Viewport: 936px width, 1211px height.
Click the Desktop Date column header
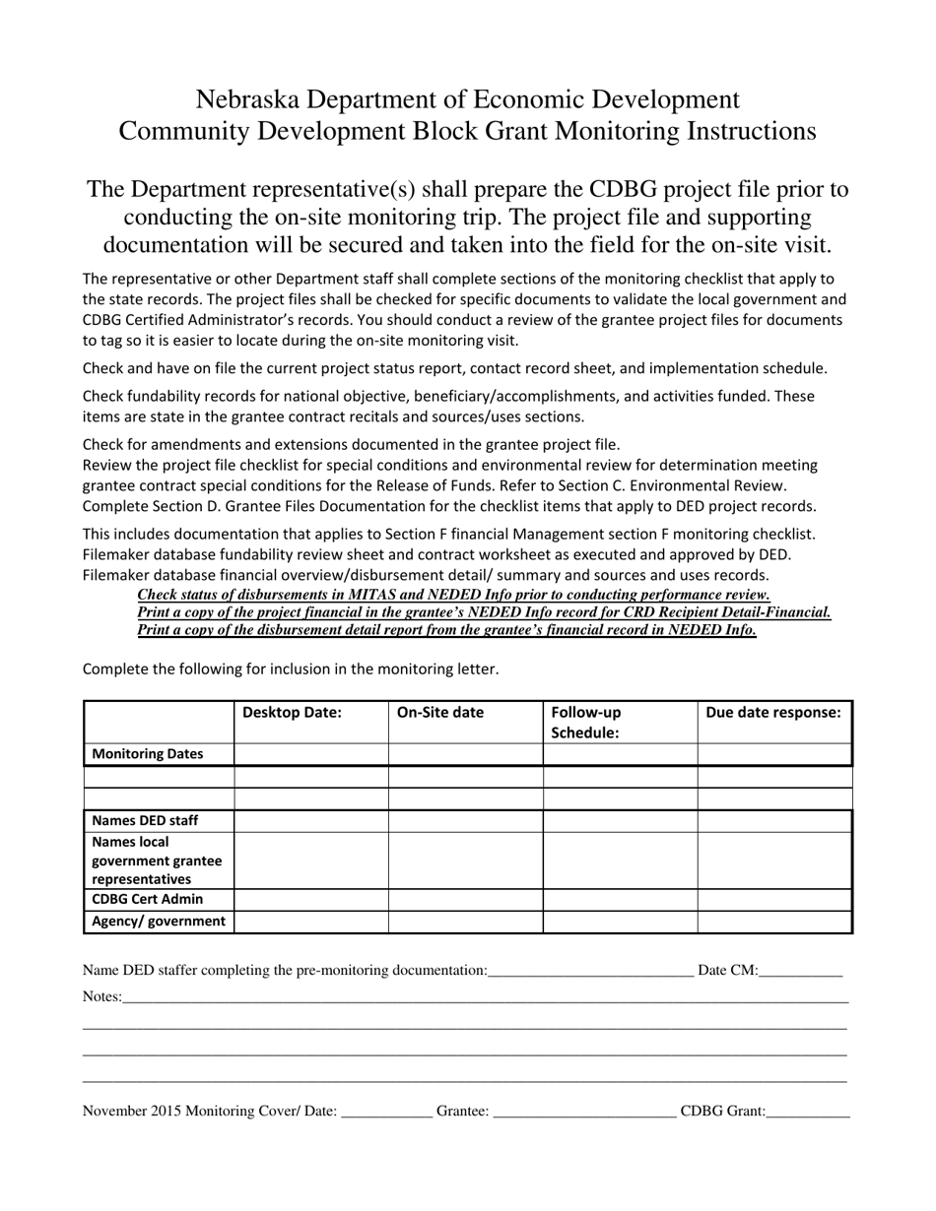(x=292, y=712)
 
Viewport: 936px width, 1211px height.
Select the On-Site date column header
(x=439, y=712)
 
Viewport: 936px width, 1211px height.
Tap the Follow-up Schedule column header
(x=585, y=722)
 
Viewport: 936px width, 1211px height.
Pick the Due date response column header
(x=773, y=712)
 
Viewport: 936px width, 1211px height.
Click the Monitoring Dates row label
(x=148, y=754)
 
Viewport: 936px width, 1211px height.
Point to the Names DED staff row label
(x=145, y=820)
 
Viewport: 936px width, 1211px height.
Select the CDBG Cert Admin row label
(x=148, y=899)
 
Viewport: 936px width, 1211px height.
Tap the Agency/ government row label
(x=159, y=922)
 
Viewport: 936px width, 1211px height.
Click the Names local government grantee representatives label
(x=157, y=860)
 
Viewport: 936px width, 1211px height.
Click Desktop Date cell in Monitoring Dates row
(x=311, y=754)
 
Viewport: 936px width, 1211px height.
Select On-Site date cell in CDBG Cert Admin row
(x=465, y=899)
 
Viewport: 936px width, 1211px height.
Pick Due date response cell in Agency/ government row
(x=773, y=922)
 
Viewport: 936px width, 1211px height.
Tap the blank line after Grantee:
(x=583, y=1114)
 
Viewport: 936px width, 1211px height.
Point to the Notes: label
(x=101, y=996)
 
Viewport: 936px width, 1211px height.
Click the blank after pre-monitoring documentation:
(x=590, y=973)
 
